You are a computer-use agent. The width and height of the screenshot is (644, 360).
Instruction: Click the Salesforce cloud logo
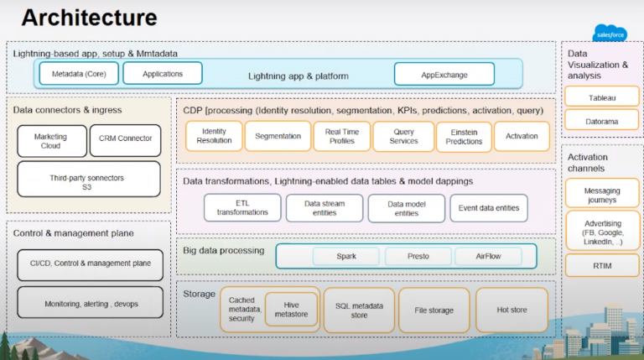pyautogui.click(x=610, y=33)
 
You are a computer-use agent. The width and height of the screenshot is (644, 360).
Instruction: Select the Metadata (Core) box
pyautogui.click(x=78, y=74)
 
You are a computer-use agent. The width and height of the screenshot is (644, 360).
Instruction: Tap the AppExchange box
pyautogui.click(x=444, y=74)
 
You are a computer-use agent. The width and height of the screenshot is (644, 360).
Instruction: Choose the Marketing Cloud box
pyautogui.click(x=50, y=141)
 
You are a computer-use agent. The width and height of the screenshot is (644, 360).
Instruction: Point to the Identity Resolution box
pyautogui.click(x=214, y=136)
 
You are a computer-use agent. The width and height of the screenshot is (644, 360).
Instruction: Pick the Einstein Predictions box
pyautogui.click(x=464, y=136)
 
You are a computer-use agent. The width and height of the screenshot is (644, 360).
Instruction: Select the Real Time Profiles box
pyautogui.click(x=341, y=136)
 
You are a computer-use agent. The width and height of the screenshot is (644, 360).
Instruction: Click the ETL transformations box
pyautogui.click(x=241, y=207)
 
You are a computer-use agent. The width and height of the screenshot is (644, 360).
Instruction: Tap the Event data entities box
pyautogui.click(x=489, y=207)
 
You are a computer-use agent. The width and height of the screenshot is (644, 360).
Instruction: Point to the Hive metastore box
pyautogui.click(x=291, y=310)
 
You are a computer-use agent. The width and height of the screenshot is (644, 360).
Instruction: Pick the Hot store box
pyautogui.click(x=512, y=310)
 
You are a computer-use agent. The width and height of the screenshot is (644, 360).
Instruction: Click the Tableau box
pyautogui.click(x=601, y=97)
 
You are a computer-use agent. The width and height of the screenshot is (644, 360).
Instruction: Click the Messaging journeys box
pyautogui.click(x=601, y=194)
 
